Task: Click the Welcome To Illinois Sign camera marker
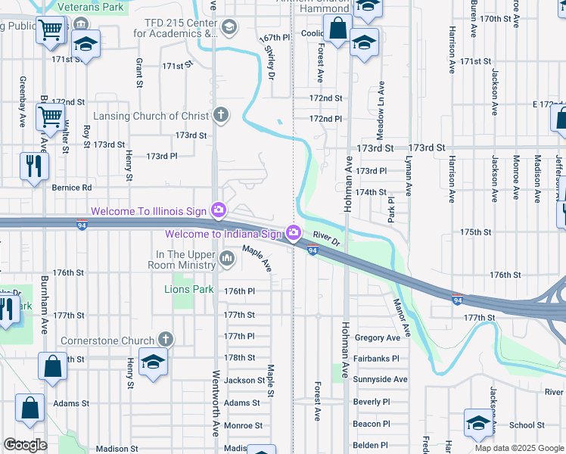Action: click(x=219, y=210)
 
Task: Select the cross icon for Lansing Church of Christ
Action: click(x=220, y=115)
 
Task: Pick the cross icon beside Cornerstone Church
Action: click(x=166, y=340)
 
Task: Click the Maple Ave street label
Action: click(x=257, y=258)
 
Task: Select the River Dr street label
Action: click(x=328, y=239)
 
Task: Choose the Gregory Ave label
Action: click(x=377, y=337)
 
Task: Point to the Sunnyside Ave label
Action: click(x=381, y=379)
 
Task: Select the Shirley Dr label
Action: click(x=270, y=60)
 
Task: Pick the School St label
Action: click(x=527, y=425)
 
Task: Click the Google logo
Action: click(x=25, y=445)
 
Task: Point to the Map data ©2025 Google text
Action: click(x=519, y=448)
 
